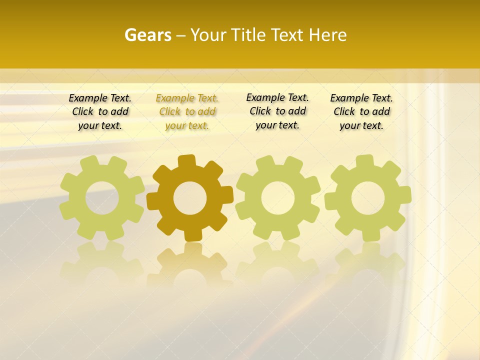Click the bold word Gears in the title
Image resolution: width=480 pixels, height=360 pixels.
pos(147,35)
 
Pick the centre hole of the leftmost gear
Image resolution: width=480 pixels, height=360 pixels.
pos(102,197)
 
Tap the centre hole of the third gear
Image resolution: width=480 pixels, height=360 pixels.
pos(278,197)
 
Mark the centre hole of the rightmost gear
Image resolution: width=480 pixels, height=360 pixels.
pos(368,198)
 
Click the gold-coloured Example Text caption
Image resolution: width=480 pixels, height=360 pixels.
pos(187,98)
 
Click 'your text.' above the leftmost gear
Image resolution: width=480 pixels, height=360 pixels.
pos(100,125)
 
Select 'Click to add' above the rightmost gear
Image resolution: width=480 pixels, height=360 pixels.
pos(361,111)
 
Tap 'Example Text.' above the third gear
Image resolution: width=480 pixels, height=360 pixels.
pos(277,97)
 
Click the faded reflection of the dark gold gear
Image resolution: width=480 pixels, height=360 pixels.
pos(190,265)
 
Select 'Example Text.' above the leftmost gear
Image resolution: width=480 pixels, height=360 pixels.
pos(100,98)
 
